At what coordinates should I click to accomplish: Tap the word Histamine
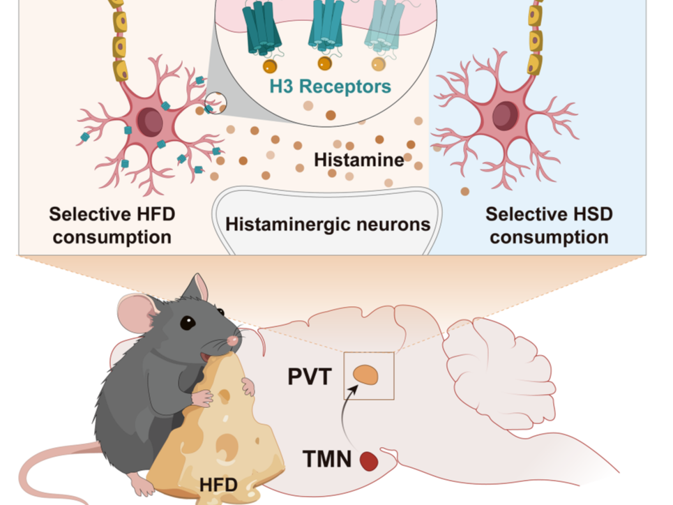358,160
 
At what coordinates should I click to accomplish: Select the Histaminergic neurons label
327,225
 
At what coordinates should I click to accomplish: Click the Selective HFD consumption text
112,225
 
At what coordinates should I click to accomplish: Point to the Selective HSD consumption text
549,225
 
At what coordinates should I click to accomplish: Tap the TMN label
328,459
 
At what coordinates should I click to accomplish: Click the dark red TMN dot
369,460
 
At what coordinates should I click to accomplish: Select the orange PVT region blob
365,375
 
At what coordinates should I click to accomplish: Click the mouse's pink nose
233,340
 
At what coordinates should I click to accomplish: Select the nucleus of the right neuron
505,116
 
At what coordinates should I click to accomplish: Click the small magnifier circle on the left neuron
215,103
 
